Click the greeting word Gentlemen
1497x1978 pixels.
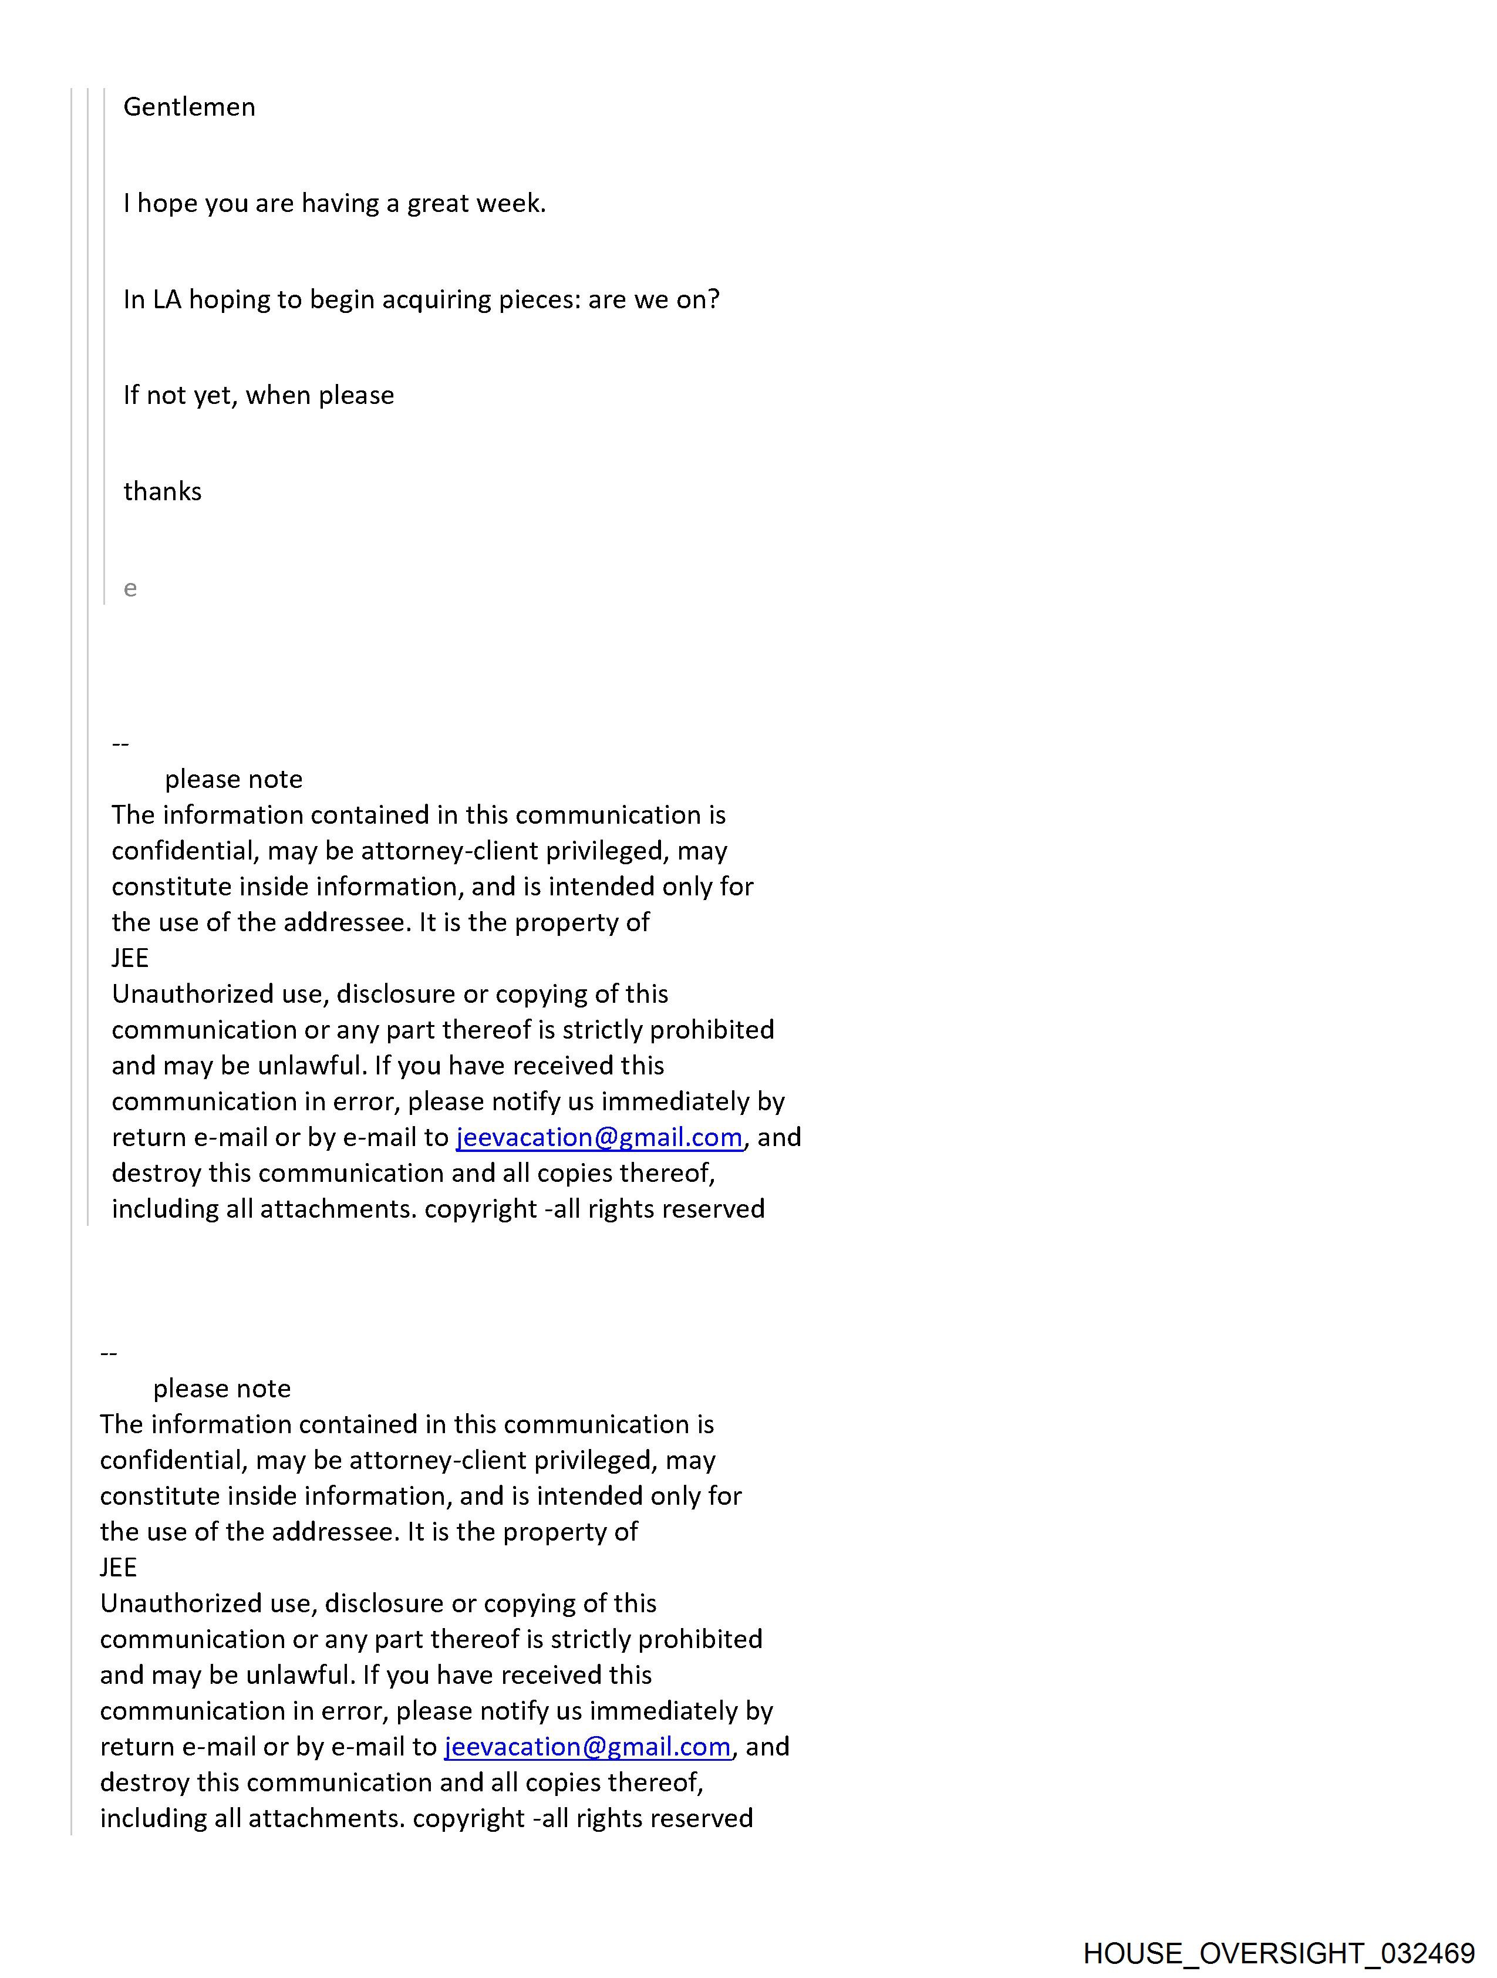(x=188, y=107)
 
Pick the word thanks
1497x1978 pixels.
(x=162, y=492)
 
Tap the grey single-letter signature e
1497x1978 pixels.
(x=130, y=588)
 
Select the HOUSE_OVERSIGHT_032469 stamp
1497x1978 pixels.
(x=1278, y=1953)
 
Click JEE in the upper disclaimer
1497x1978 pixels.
(x=130, y=959)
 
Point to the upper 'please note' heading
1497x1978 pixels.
(x=234, y=780)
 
